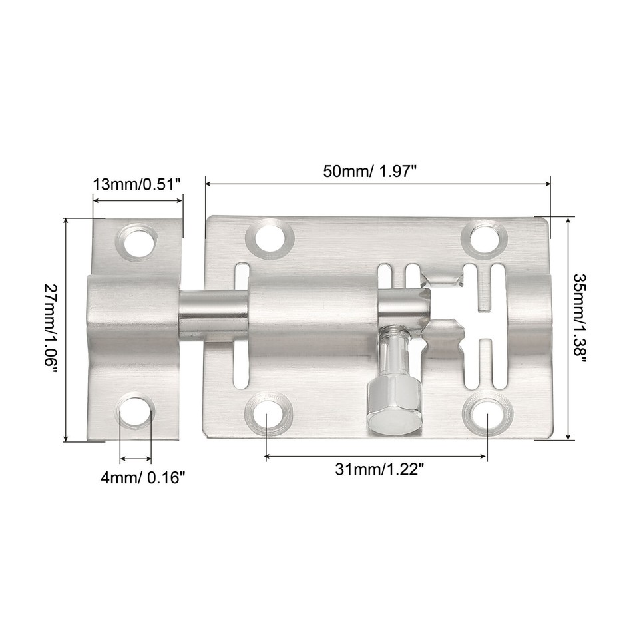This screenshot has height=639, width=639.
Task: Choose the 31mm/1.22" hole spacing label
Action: pyautogui.click(x=379, y=469)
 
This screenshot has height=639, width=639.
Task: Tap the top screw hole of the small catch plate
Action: pyautogui.click(x=138, y=241)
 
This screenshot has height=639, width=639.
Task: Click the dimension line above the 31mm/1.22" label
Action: pyautogui.click(x=376, y=457)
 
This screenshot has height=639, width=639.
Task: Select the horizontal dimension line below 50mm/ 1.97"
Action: pyautogui.click(x=377, y=183)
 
